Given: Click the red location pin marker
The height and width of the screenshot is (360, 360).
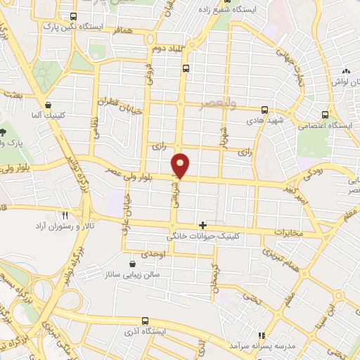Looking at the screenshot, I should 181,165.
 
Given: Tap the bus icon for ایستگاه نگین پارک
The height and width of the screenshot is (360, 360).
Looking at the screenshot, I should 74,16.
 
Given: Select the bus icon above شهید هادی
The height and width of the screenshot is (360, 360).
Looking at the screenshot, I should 264,110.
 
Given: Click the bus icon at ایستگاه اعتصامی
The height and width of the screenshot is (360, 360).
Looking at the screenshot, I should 324,115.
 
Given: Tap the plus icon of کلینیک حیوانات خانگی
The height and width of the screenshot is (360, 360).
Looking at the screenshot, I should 203,225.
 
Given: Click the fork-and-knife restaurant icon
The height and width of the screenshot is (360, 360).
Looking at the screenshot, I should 65,216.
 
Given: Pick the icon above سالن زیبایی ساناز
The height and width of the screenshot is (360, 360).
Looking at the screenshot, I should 133,264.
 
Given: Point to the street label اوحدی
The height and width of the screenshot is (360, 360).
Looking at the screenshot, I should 157,252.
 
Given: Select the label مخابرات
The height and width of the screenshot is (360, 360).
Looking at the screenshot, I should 288,232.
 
